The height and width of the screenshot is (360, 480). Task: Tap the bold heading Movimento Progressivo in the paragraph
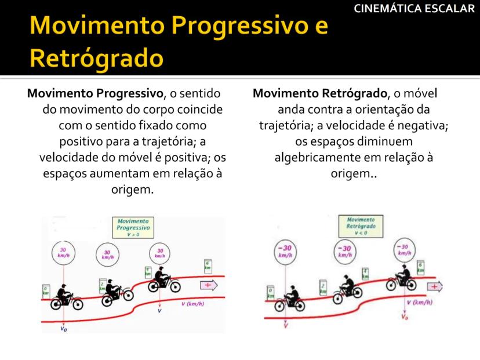96,93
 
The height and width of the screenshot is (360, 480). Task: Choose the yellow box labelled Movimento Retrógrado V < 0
361,226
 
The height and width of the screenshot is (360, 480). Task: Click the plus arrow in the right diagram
434,285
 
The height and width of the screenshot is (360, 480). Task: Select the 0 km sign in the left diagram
46,290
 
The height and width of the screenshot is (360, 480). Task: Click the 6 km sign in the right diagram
421,268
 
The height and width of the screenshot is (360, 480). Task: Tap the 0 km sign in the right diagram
271,292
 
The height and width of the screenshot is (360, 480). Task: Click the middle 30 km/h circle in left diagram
106,255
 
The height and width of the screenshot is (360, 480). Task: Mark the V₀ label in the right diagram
405,318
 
